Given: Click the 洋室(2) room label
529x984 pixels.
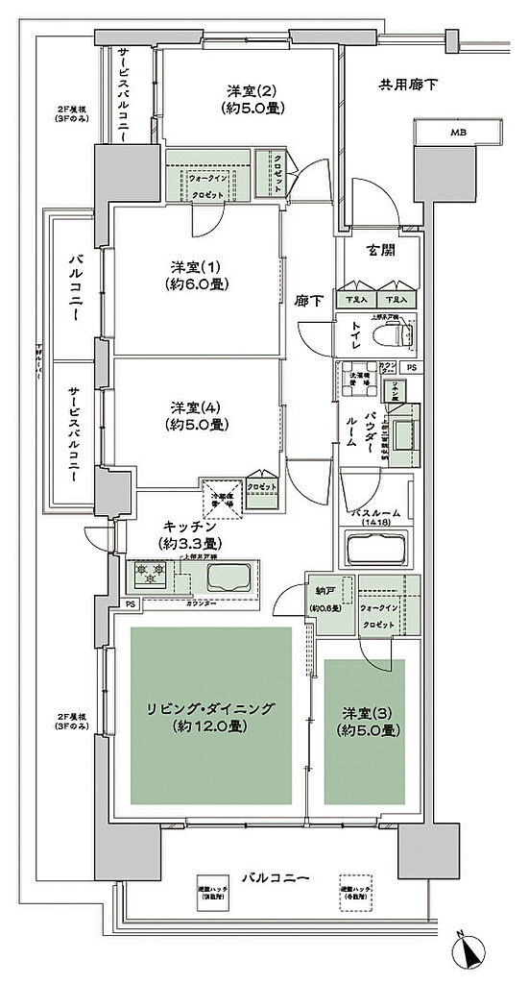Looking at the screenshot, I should (252, 99).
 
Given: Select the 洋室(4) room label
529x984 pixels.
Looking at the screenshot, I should (197, 416).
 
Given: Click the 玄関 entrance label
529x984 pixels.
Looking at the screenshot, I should (375, 253).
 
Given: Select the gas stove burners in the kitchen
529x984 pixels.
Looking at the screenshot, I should (150, 578).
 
